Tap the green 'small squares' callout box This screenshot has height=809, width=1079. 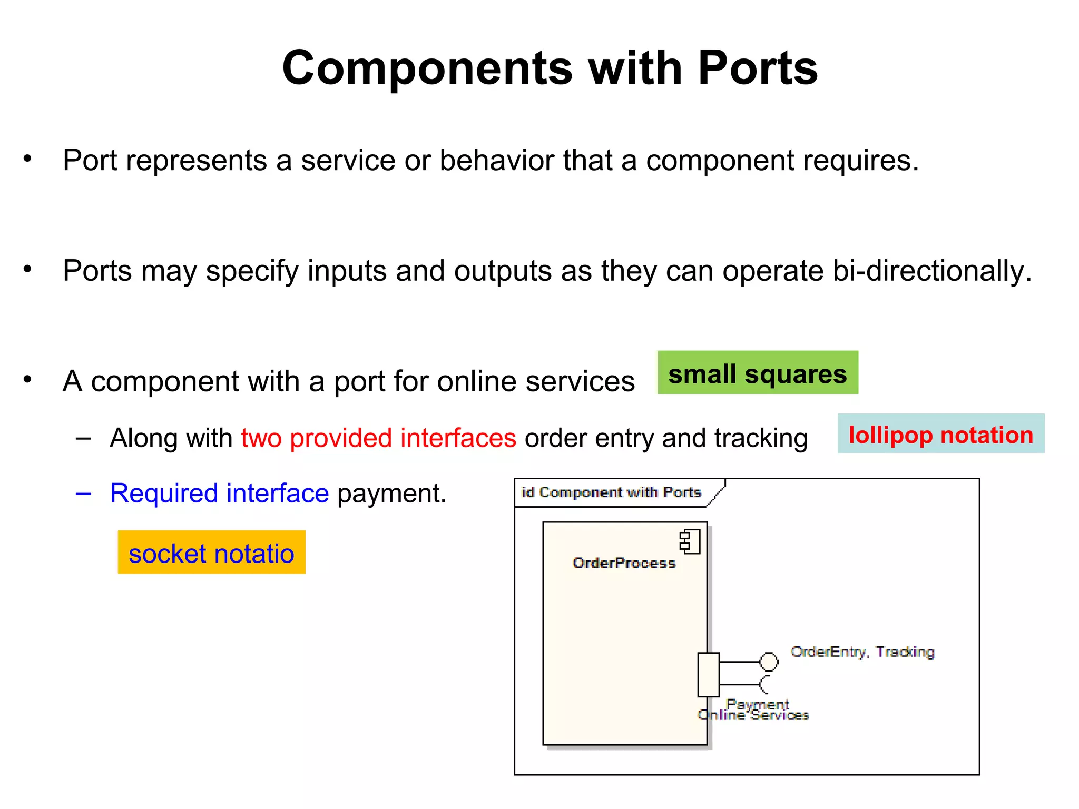click(757, 373)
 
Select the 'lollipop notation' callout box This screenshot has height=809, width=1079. click(940, 434)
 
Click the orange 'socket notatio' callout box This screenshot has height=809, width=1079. click(211, 553)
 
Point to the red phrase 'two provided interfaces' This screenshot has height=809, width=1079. click(378, 438)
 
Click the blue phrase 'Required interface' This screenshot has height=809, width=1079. click(219, 494)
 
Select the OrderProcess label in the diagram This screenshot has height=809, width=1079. click(624, 563)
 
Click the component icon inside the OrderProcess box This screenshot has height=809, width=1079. click(690, 541)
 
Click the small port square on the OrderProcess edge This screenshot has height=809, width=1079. click(708, 675)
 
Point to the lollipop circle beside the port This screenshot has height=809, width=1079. click(769, 662)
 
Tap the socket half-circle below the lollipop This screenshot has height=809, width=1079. click(765, 684)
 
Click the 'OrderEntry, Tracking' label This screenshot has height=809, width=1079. click(862, 652)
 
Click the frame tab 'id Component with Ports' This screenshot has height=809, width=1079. click(611, 492)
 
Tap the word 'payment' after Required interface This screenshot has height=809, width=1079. click(391, 494)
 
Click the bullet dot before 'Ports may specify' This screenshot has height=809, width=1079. click(27, 269)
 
